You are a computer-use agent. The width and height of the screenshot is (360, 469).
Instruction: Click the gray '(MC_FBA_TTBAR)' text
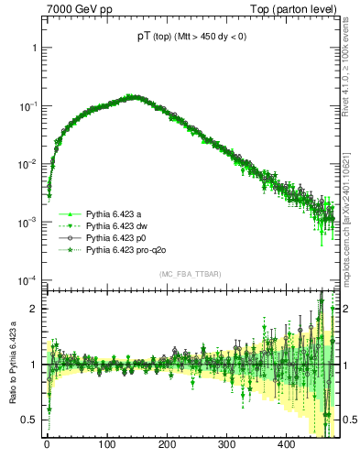pos(190,275)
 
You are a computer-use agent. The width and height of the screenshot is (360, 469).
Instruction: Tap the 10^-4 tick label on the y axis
pos(28,280)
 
